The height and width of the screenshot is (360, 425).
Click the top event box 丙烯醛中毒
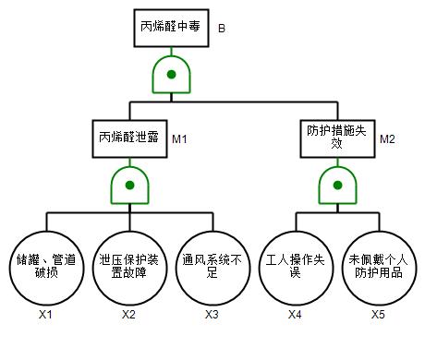(x=171, y=28)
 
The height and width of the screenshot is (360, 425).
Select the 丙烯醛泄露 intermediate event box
(x=129, y=138)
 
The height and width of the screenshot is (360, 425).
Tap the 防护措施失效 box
(x=337, y=138)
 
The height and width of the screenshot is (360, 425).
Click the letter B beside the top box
(x=222, y=29)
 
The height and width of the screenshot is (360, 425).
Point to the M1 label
(x=179, y=139)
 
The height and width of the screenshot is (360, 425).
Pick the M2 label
(x=387, y=139)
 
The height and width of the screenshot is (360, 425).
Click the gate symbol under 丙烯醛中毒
(x=171, y=74)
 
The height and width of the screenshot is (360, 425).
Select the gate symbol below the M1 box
(x=129, y=185)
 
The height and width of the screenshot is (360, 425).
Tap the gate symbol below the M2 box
(x=337, y=185)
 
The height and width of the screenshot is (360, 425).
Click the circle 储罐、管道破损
(x=46, y=268)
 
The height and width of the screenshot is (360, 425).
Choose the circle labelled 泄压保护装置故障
(x=129, y=268)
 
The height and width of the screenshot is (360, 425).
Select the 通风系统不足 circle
(x=212, y=268)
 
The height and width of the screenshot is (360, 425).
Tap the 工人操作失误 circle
(x=296, y=268)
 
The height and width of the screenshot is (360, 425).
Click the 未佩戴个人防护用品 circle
(x=379, y=268)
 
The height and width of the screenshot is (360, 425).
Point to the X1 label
(x=45, y=315)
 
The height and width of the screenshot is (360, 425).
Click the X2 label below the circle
(x=128, y=315)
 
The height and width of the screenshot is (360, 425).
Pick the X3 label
(x=212, y=315)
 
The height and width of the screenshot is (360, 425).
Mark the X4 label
(x=295, y=315)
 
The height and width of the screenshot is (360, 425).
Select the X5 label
(x=378, y=315)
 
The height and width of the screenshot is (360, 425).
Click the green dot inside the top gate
(x=171, y=74)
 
